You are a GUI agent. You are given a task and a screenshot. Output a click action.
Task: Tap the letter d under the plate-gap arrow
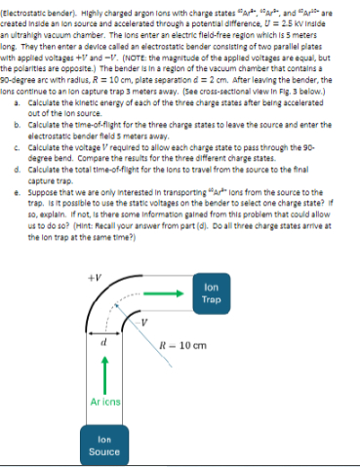pyautogui.click(x=103, y=341)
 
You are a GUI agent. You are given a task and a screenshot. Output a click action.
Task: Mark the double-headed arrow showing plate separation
pyautogui.click(x=103, y=332)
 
